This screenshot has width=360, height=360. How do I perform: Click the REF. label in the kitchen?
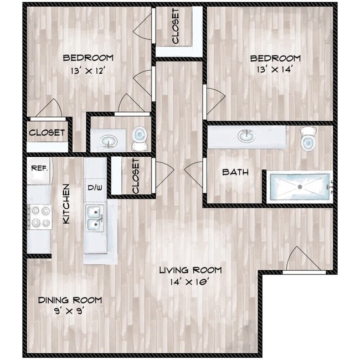point(39,167)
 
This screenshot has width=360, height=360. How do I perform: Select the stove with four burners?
point(39,216)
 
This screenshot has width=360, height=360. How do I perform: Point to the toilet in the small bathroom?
point(140,138)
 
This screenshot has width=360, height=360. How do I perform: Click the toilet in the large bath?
point(307,138)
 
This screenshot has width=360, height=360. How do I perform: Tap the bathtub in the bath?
point(300,187)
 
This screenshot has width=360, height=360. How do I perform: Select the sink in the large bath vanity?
point(245,135)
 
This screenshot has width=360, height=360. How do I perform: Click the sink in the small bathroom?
point(108,141)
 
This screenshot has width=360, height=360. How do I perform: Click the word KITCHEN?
point(65,203)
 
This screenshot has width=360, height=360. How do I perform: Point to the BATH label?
point(235,172)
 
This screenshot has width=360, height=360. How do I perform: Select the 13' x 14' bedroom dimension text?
point(275,70)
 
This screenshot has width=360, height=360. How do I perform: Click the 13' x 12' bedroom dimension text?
point(88,70)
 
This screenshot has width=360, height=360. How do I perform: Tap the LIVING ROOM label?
point(191,270)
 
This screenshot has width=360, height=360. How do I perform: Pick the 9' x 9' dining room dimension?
point(70,311)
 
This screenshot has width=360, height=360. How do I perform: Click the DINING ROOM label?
point(70,300)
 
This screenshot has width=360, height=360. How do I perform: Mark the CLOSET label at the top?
point(176,27)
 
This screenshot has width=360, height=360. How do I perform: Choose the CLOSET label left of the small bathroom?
point(47,133)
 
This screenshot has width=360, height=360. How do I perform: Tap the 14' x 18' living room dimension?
point(191,281)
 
